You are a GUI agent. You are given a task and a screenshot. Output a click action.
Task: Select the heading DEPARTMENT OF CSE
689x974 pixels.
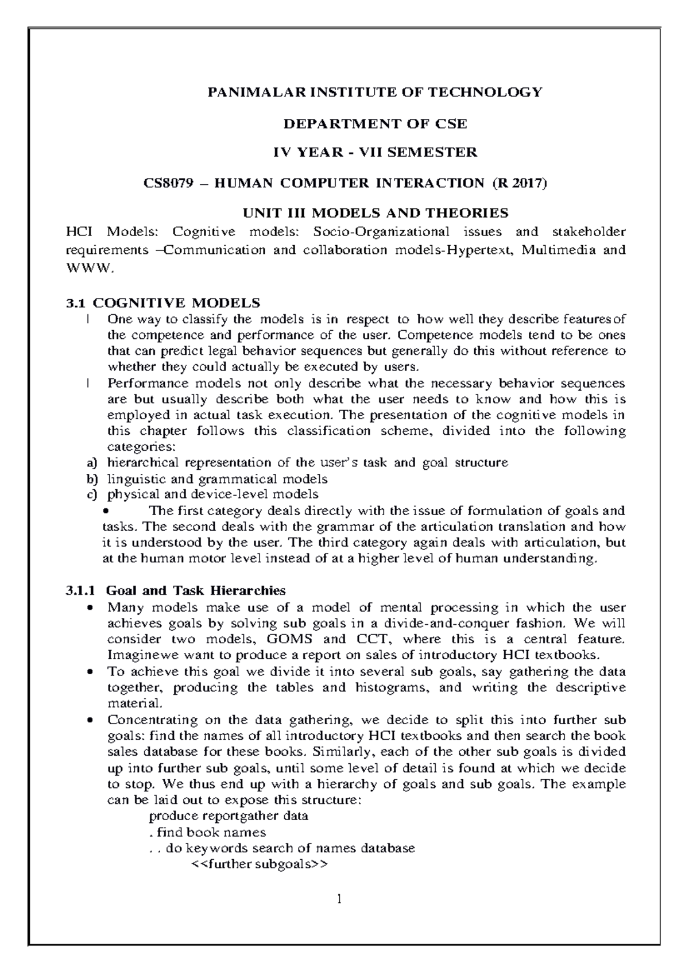tap(376, 123)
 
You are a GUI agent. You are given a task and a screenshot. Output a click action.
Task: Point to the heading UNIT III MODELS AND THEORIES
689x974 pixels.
tap(376, 213)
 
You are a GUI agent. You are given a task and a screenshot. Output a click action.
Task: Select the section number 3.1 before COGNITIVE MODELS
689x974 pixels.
tap(75, 302)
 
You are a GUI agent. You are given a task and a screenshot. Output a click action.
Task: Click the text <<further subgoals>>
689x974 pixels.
tap(258, 864)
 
